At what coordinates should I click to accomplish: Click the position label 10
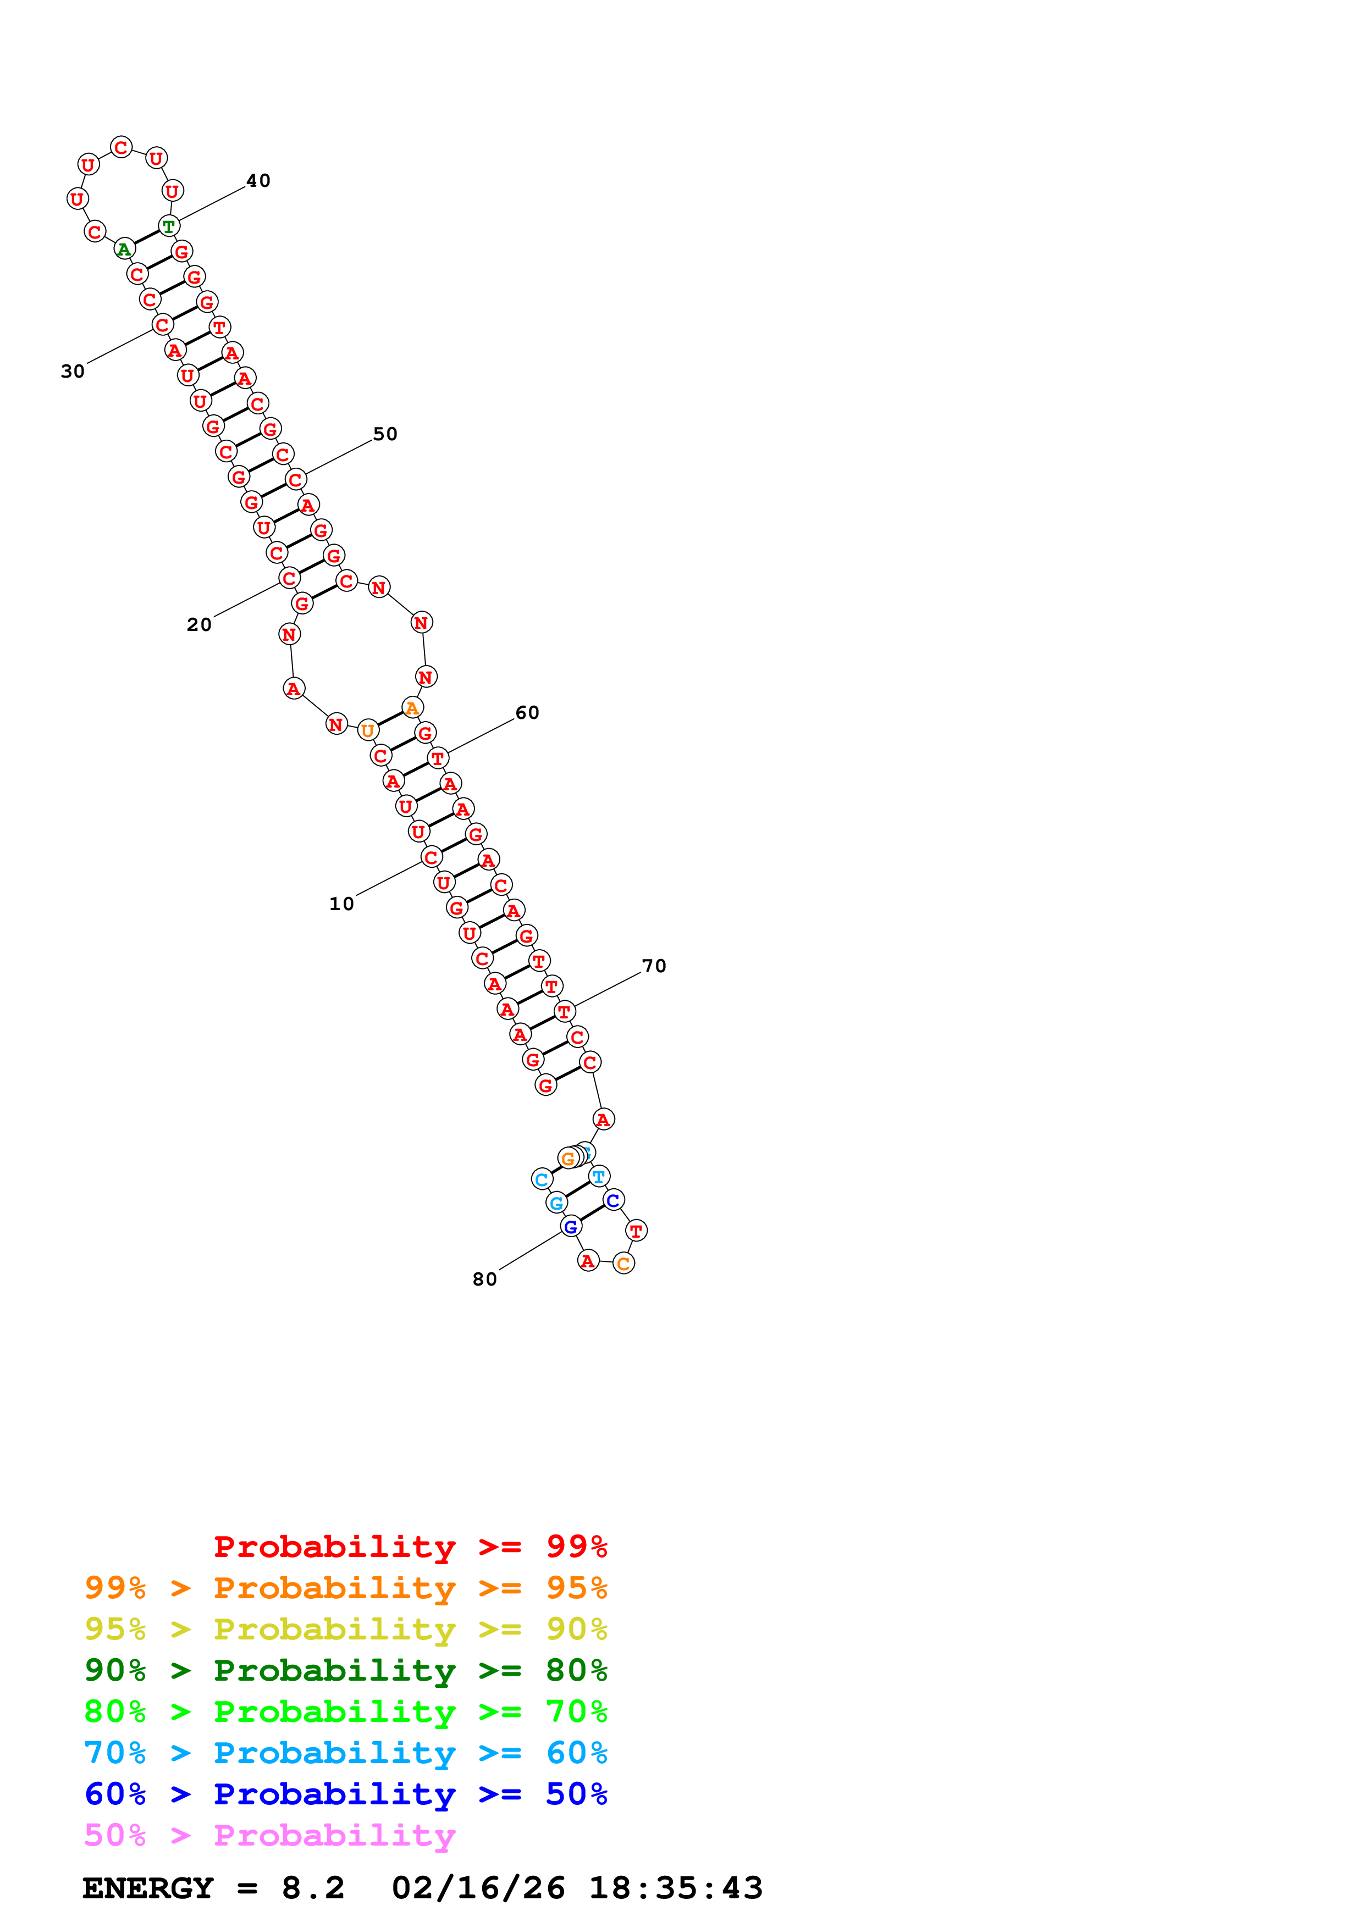coord(341,904)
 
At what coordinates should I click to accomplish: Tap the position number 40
coord(258,180)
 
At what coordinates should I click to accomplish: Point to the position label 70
coord(653,966)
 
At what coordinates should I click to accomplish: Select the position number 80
coord(484,1279)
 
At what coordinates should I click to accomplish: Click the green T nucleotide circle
coord(169,226)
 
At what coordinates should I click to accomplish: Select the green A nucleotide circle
coord(124,248)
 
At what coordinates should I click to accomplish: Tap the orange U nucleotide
coord(367,730)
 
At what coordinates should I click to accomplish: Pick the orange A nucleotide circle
coord(411,708)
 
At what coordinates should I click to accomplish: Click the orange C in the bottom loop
coord(623,1263)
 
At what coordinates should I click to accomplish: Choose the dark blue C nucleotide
coord(613,1200)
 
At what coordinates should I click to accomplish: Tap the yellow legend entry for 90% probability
coord(345,1629)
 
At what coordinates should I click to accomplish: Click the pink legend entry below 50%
coord(269,1836)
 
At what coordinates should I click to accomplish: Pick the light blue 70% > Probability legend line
coord(345,1753)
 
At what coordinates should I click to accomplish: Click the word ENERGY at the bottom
coord(148,1888)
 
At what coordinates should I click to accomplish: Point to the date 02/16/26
coord(478,1888)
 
